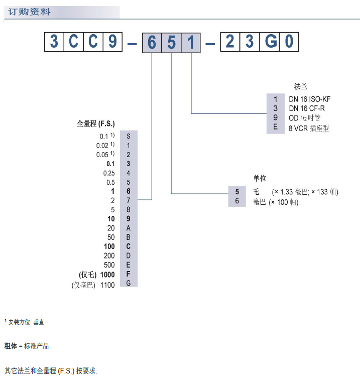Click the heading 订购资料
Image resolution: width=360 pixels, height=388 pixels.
[30, 12]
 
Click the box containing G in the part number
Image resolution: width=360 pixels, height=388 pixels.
[271, 42]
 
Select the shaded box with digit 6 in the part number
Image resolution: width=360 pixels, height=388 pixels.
[152, 42]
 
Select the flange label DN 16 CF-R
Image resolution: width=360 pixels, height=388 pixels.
[307, 108]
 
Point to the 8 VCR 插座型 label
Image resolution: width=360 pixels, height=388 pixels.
[309, 128]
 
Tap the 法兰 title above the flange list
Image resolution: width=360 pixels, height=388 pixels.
[300, 86]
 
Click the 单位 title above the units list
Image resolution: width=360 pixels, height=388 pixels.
[260, 178]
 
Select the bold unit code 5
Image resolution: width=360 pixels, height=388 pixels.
[237, 192]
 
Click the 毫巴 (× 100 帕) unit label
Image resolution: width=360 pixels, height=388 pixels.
[276, 202]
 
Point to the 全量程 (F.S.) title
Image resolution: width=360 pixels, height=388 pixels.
[96, 123]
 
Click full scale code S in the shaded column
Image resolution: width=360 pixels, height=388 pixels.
[129, 136]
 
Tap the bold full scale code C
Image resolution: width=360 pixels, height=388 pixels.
[129, 246]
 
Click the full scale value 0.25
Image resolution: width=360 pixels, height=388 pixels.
[109, 173]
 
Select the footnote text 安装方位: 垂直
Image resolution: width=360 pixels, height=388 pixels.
[26, 322]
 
